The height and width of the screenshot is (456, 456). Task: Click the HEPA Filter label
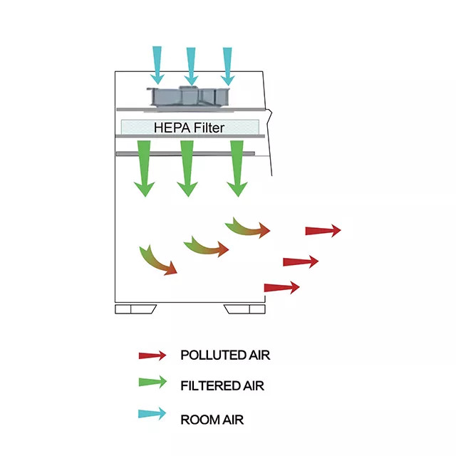click(190, 128)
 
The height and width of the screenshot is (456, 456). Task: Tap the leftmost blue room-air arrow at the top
click(157, 63)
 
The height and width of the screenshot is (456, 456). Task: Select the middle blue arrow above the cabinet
click(191, 65)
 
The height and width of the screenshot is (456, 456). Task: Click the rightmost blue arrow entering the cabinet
click(227, 65)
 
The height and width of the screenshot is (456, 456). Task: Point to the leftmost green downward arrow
click(145, 168)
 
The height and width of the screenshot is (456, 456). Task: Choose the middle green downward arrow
click(187, 168)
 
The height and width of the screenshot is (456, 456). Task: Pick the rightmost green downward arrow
click(237, 168)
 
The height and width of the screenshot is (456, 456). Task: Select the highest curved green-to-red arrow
click(247, 227)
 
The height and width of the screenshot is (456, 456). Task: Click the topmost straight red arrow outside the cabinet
click(323, 230)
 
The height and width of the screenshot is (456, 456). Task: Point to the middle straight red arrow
click(301, 261)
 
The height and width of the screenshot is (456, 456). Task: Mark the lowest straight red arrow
click(281, 287)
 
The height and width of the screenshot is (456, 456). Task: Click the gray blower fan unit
click(190, 97)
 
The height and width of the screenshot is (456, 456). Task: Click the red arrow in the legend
click(152, 355)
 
